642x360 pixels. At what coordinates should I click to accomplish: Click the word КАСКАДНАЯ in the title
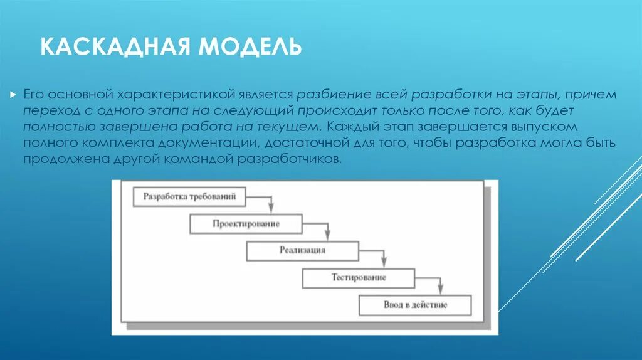pyautogui.click(x=116, y=46)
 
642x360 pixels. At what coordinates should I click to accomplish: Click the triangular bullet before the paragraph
pyautogui.click(x=13, y=95)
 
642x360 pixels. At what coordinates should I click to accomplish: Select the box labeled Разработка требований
pyautogui.click(x=189, y=197)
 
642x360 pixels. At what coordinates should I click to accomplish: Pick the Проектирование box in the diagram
pyautogui.click(x=246, y=224)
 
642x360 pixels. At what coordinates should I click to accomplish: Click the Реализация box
pyautogui.click(x=303, y=251)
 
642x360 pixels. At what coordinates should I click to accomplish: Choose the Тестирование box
pyautogui.click(x=359, y=278)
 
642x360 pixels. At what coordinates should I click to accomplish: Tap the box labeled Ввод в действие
pyautogui.click(x=415, y=305)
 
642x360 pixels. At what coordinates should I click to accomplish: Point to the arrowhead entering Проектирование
pyautogui.click(x=271, y=208)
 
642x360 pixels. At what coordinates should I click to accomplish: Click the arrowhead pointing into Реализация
pyautogui.click(x=327, y=235)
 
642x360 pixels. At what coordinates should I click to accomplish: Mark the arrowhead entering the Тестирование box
pyautogui.click(x=384, y=262)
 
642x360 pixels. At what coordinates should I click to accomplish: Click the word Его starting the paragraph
pyautogui.click(x=33, y=95)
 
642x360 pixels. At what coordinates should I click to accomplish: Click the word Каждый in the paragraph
pyautogui.click(x=354, y=127)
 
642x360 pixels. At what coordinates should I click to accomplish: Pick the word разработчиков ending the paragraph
pyautogui.click(x=290, y=159)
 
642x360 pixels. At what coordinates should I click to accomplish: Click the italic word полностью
pyautogui.click(x=60, y=127)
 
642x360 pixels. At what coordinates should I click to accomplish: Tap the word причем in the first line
pyautogui.click(x=591, y=95)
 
